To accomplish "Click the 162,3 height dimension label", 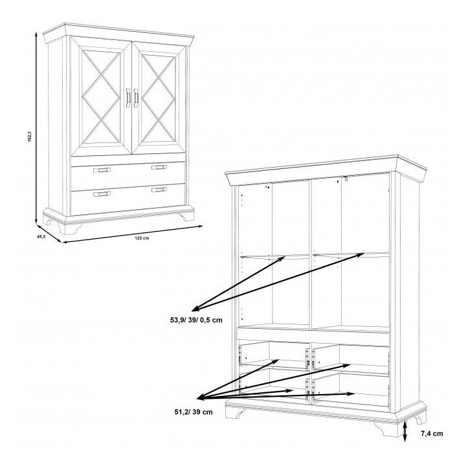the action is [29, 137].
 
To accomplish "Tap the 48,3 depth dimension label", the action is [41, 237].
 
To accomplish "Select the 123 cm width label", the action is [142, 238].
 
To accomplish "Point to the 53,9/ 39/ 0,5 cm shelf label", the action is [196, 320].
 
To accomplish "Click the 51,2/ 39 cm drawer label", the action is [194, 412].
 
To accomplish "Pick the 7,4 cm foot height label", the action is [432, 434].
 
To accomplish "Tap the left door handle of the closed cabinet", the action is [128, 98].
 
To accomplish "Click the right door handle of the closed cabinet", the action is [136, 98].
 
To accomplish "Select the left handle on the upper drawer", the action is [102, 170].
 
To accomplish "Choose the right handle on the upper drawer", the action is [159, 168].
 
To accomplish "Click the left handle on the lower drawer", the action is [102, 194].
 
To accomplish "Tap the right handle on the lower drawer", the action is [159, 190].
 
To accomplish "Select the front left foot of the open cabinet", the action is [234, 412].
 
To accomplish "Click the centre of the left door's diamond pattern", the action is [101, 96].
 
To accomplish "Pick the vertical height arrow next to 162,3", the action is [36, 128].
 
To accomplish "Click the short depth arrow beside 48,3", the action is [49, 234].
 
